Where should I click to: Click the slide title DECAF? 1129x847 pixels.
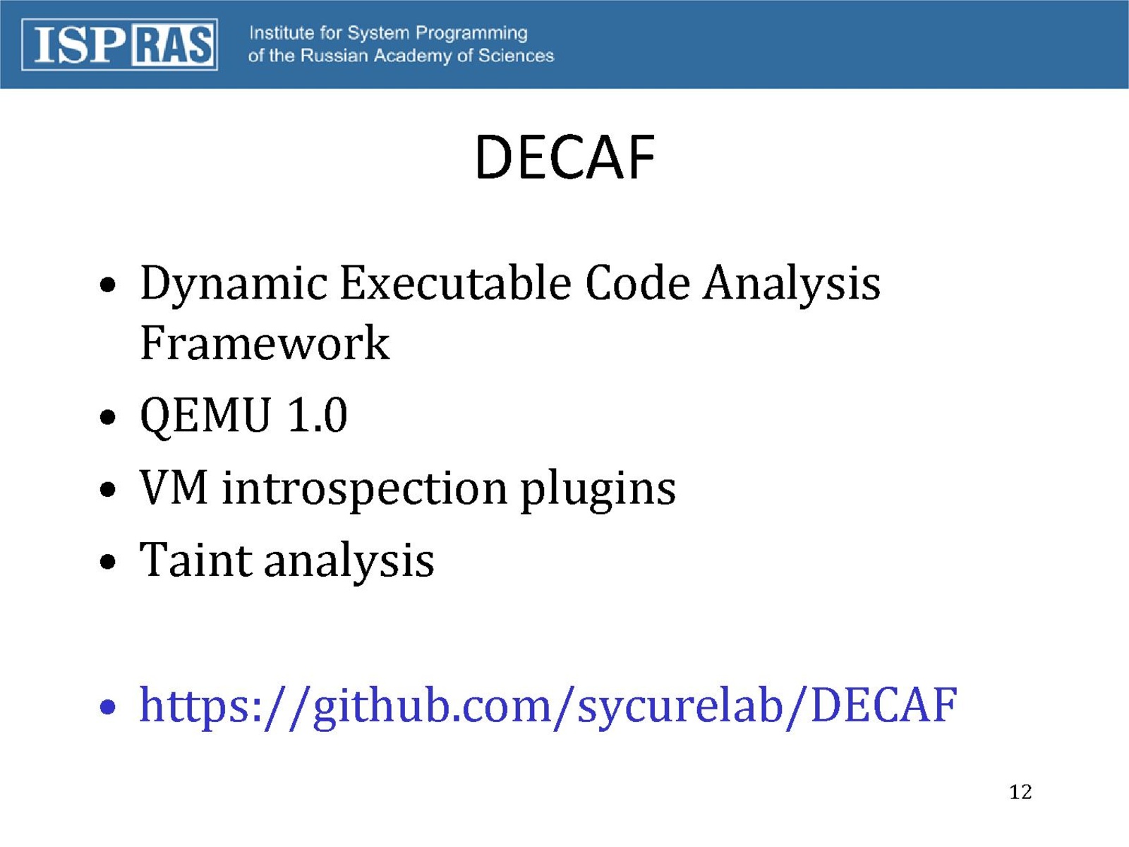[x=564, y=156]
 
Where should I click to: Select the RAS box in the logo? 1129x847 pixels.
[x=173, y=44]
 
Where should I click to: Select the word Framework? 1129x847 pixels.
[x=265, y=342]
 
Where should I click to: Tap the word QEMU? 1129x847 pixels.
[x=205, y=416]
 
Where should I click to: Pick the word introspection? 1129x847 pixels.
[x=365, y=489]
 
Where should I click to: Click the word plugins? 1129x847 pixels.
[x=598, y=489]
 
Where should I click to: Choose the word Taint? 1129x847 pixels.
[x=195, y=560]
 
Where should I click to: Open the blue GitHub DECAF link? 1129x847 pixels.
[x=548, y=707]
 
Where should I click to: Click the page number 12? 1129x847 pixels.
[x=1020, y=793]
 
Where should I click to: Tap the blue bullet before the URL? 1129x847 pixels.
[x=107, y=708]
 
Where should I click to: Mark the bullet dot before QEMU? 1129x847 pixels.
[x=107, y=416]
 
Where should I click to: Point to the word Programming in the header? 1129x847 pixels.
[x=471, y=34]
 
